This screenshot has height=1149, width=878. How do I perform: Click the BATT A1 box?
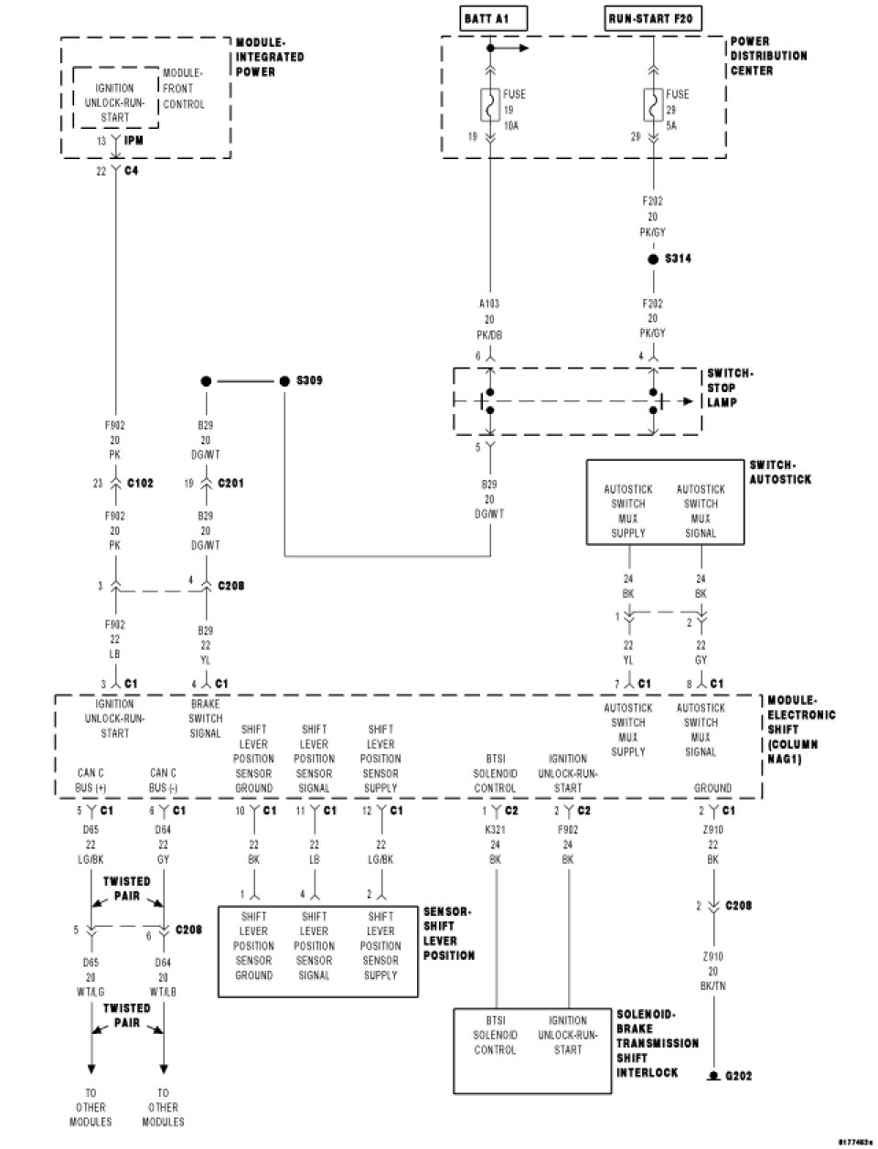(491, 17)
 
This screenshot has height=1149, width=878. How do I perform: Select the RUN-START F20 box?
(654, 17)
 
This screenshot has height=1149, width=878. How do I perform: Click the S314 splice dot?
(653, 260)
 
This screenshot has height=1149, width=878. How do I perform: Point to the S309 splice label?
(309, 380)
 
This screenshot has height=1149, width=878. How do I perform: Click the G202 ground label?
(738, 1076)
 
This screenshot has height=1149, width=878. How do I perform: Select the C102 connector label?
(140, 484)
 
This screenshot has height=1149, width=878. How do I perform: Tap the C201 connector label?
(230, 484)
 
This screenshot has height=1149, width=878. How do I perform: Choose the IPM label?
(134, 141)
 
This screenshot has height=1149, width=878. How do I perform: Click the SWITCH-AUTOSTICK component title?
(779, 473)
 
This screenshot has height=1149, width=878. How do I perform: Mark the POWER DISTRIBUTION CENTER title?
(768, 56)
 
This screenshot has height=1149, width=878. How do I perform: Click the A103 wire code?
(490, 303)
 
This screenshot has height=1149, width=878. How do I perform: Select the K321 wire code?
(497, 831)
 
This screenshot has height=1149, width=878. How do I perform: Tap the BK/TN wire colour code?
(712, 985)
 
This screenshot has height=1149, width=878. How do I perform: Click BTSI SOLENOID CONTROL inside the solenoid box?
(496, 1036)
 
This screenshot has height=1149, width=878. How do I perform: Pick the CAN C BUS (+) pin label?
(91, 780)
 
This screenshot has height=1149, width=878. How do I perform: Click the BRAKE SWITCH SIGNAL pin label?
(206, 718)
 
